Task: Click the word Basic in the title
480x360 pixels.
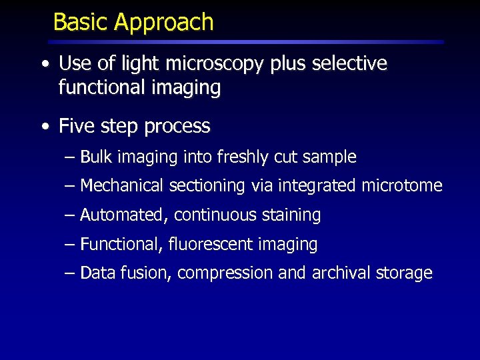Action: (x=81, y=22)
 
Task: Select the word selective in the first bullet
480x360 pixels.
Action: (x=349, y=64)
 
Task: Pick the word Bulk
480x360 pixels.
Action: (x=96, y=157)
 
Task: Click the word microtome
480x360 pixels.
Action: (x=402, y=186)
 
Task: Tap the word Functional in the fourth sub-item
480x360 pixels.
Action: (x=121, y=245)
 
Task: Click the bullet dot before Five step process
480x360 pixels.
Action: (x=44, y=127)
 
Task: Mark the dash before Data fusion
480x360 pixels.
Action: (x=71, y=273)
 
